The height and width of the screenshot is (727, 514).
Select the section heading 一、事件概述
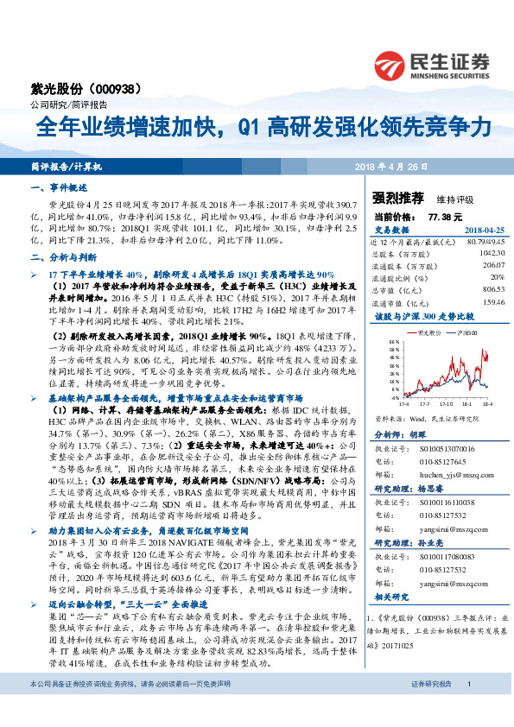pyautogui.click(x=60, y=187)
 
